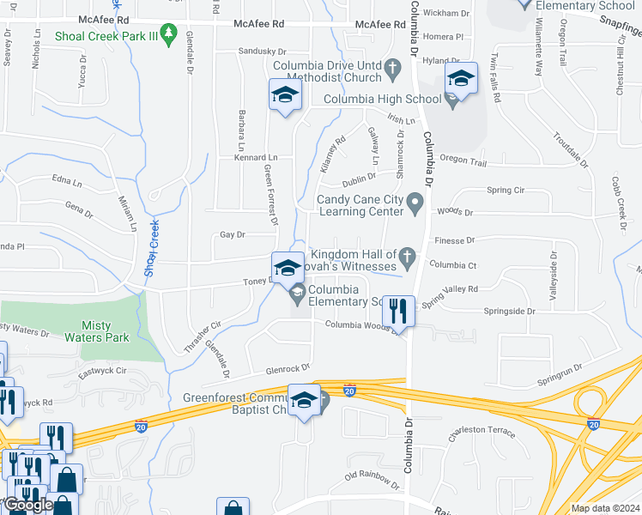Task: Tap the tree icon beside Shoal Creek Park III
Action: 170,36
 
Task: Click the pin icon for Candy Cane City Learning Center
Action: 415,204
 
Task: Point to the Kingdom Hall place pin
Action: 408,256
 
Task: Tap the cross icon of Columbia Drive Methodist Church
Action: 393,67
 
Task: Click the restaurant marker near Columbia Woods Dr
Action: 398,310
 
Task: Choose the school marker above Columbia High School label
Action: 461,80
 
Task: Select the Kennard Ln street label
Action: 256,158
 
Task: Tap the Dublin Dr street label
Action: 359,177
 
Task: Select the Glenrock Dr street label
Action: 287,369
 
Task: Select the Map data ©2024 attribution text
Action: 604,508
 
